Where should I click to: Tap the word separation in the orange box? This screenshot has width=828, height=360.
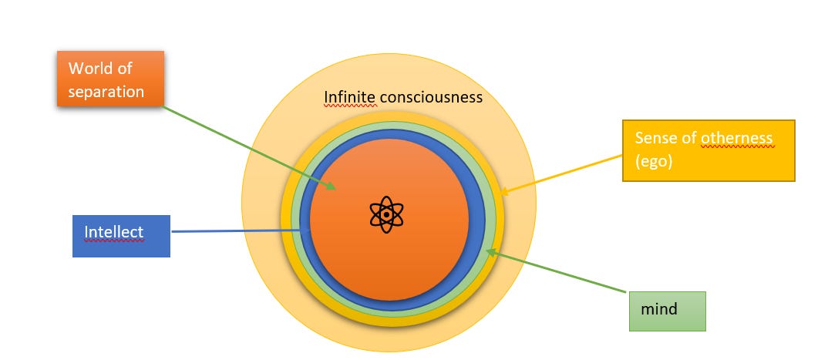[106, 91]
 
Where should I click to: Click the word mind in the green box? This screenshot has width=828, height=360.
[659, 309]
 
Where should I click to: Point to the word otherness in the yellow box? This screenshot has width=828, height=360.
[736, 138]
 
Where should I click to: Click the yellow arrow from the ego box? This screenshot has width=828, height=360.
[563, 173]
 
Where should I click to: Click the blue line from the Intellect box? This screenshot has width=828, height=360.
[231, 230]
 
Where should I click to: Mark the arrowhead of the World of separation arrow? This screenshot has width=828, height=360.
[332, 187]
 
